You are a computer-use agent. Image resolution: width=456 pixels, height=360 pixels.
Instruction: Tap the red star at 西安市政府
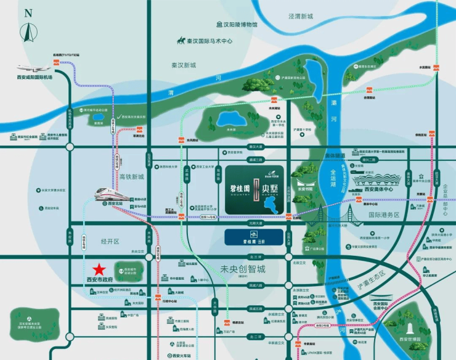(98, 269)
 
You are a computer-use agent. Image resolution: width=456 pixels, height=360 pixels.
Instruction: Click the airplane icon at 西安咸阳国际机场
(34, 68)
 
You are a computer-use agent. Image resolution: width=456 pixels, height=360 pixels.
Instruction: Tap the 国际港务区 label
(384, 215)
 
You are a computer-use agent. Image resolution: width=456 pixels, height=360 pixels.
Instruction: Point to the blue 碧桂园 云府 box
(254, 236)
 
